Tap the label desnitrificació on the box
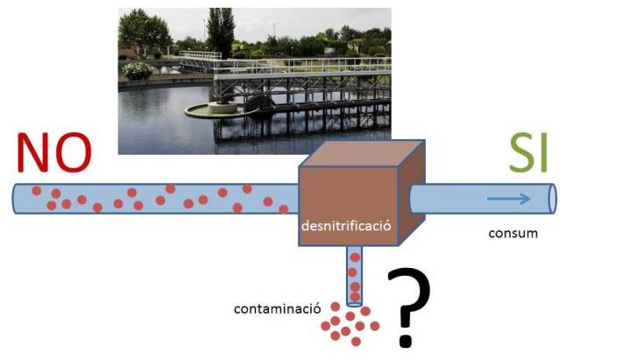344,227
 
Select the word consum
512,234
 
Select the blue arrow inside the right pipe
509,199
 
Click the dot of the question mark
406,338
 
